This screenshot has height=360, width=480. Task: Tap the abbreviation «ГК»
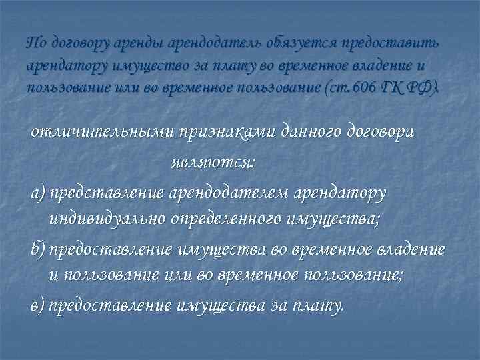409,88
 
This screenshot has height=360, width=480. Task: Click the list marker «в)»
38,306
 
